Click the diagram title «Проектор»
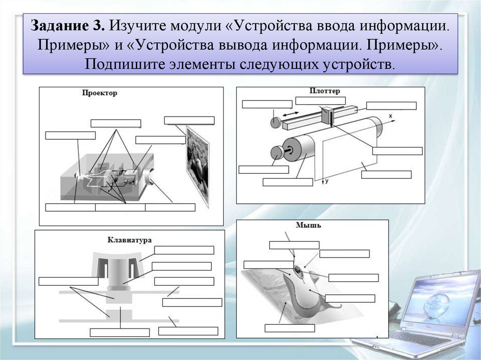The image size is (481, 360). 99,93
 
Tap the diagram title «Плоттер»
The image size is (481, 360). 325,91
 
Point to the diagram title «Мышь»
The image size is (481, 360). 309,225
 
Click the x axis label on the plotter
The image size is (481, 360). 390,115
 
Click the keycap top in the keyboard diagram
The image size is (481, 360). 116,258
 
